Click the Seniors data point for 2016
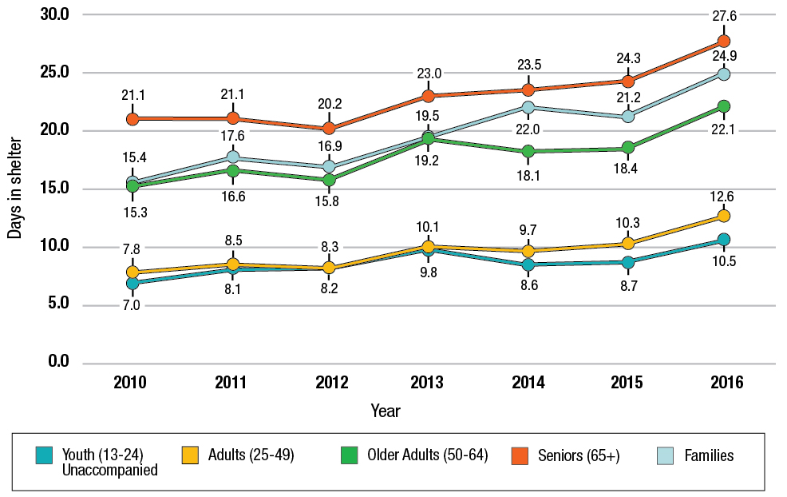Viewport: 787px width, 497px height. coord(723,41)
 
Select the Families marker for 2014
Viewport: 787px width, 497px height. coord(528,108)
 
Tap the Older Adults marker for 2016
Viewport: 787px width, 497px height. coord(723,106)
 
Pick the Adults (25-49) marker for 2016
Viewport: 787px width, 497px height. coord(723,216)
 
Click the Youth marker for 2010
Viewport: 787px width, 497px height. coord(132,283)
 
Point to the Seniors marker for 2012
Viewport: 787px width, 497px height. coord(329,128)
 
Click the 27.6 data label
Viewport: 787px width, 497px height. coord(723,14)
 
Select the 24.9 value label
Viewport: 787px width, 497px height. coord(723,56)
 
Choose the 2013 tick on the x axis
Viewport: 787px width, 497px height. coord(428,383)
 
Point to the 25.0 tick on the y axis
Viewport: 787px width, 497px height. coord(53,73)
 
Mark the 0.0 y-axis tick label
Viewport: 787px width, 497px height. coord(57,363)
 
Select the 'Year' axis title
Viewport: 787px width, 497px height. coord(386,411)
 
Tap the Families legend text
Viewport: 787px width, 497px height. coord(709,455)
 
